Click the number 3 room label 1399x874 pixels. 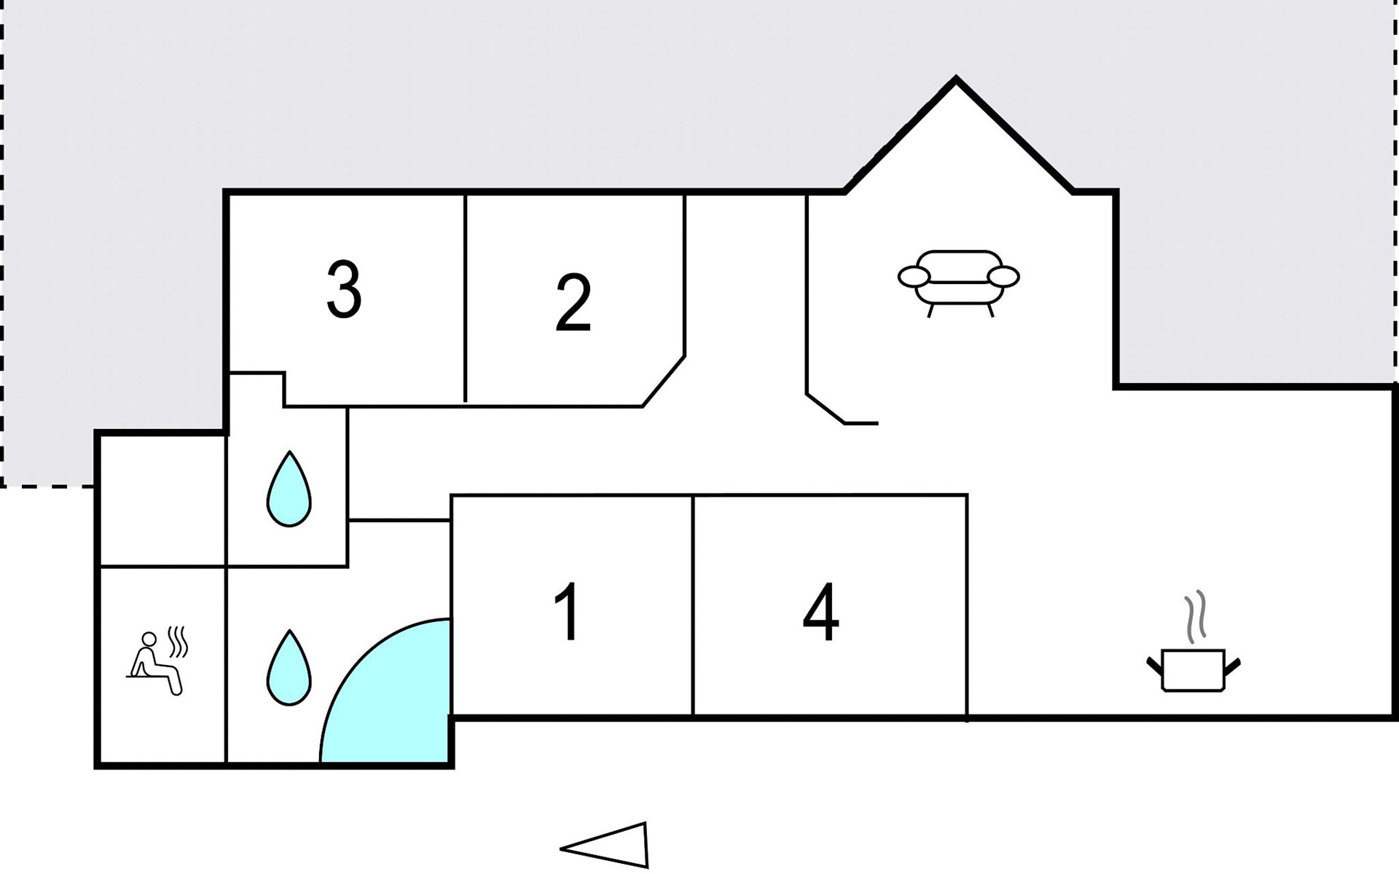pos(344,290)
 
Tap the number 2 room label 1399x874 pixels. pos(573,303)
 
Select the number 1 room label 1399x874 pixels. pos(568,612)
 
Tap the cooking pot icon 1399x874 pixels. pos(1193,669)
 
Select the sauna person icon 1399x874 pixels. pos(155,664)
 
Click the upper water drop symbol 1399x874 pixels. pos(289,489)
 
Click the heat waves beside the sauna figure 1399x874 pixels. pos(179,641)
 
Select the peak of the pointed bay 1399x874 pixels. pos(955,79)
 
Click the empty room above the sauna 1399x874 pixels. pos(162,500)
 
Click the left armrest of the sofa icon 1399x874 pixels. pos(914,277)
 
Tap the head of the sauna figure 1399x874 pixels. pos(149,639)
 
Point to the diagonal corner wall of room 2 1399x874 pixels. pos(664,381)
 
